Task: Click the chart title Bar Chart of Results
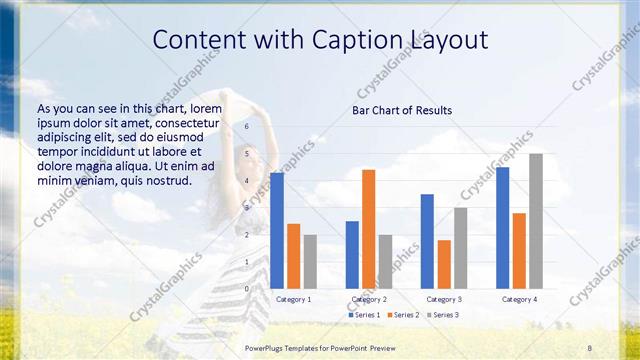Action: [401, 110]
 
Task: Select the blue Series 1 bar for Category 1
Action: [277, 230]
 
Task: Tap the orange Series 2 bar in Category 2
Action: [368, 228]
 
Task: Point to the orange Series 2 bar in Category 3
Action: [444, 263]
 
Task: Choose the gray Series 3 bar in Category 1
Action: [310, 261]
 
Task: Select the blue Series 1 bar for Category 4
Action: [502, 227]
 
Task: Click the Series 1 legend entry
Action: [364, 315]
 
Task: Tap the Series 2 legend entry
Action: [403, 315]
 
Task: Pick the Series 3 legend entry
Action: [442, 315]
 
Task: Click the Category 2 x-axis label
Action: [369, 299]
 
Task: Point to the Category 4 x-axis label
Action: [519, 299]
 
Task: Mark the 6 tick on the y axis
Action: [247, 127]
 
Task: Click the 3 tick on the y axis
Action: [247, 208]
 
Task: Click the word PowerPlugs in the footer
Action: [265, 346]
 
